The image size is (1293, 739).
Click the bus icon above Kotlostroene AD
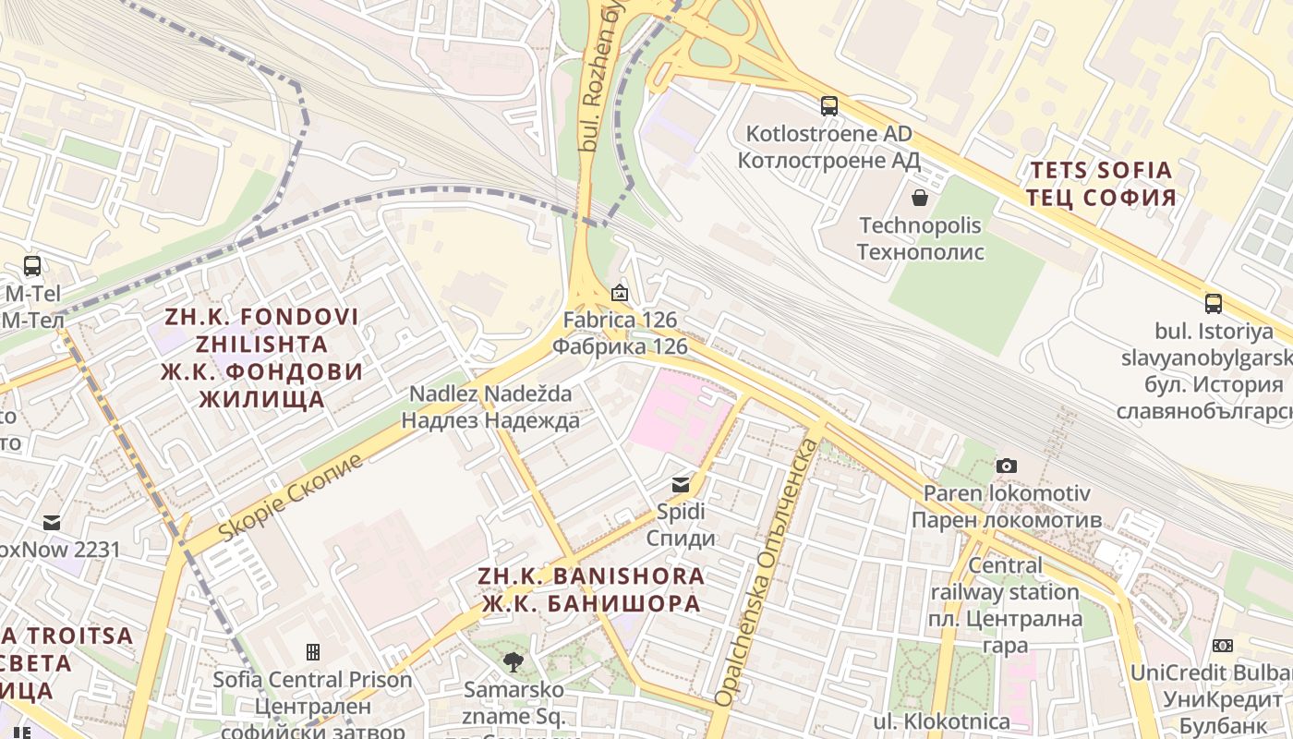click(829, 106)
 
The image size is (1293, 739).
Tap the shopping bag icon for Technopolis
click(920, 197)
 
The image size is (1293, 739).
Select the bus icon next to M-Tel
click(32, 266)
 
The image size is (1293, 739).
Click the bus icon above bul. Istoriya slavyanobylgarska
click(1214, 303)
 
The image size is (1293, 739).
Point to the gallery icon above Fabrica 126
click(620, 294)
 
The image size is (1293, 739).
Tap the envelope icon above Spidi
click(681, 484)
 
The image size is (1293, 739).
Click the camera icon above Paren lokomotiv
click(1007, 466)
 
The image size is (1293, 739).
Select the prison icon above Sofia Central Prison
click(313, 652)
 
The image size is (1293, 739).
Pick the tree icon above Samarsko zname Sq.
click(514, 661)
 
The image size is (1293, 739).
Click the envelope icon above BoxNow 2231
click(52, 523)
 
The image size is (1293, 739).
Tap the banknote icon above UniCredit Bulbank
click(1223, 646)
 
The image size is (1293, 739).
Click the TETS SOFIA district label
click(1101, 184)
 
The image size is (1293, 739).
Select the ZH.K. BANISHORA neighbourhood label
click(590, 589)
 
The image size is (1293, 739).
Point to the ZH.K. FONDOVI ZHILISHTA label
click(262, 357)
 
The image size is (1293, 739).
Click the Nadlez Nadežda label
click(490, 406)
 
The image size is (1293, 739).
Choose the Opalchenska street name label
click(767, 573)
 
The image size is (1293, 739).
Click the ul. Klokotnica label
click(942, 721)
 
